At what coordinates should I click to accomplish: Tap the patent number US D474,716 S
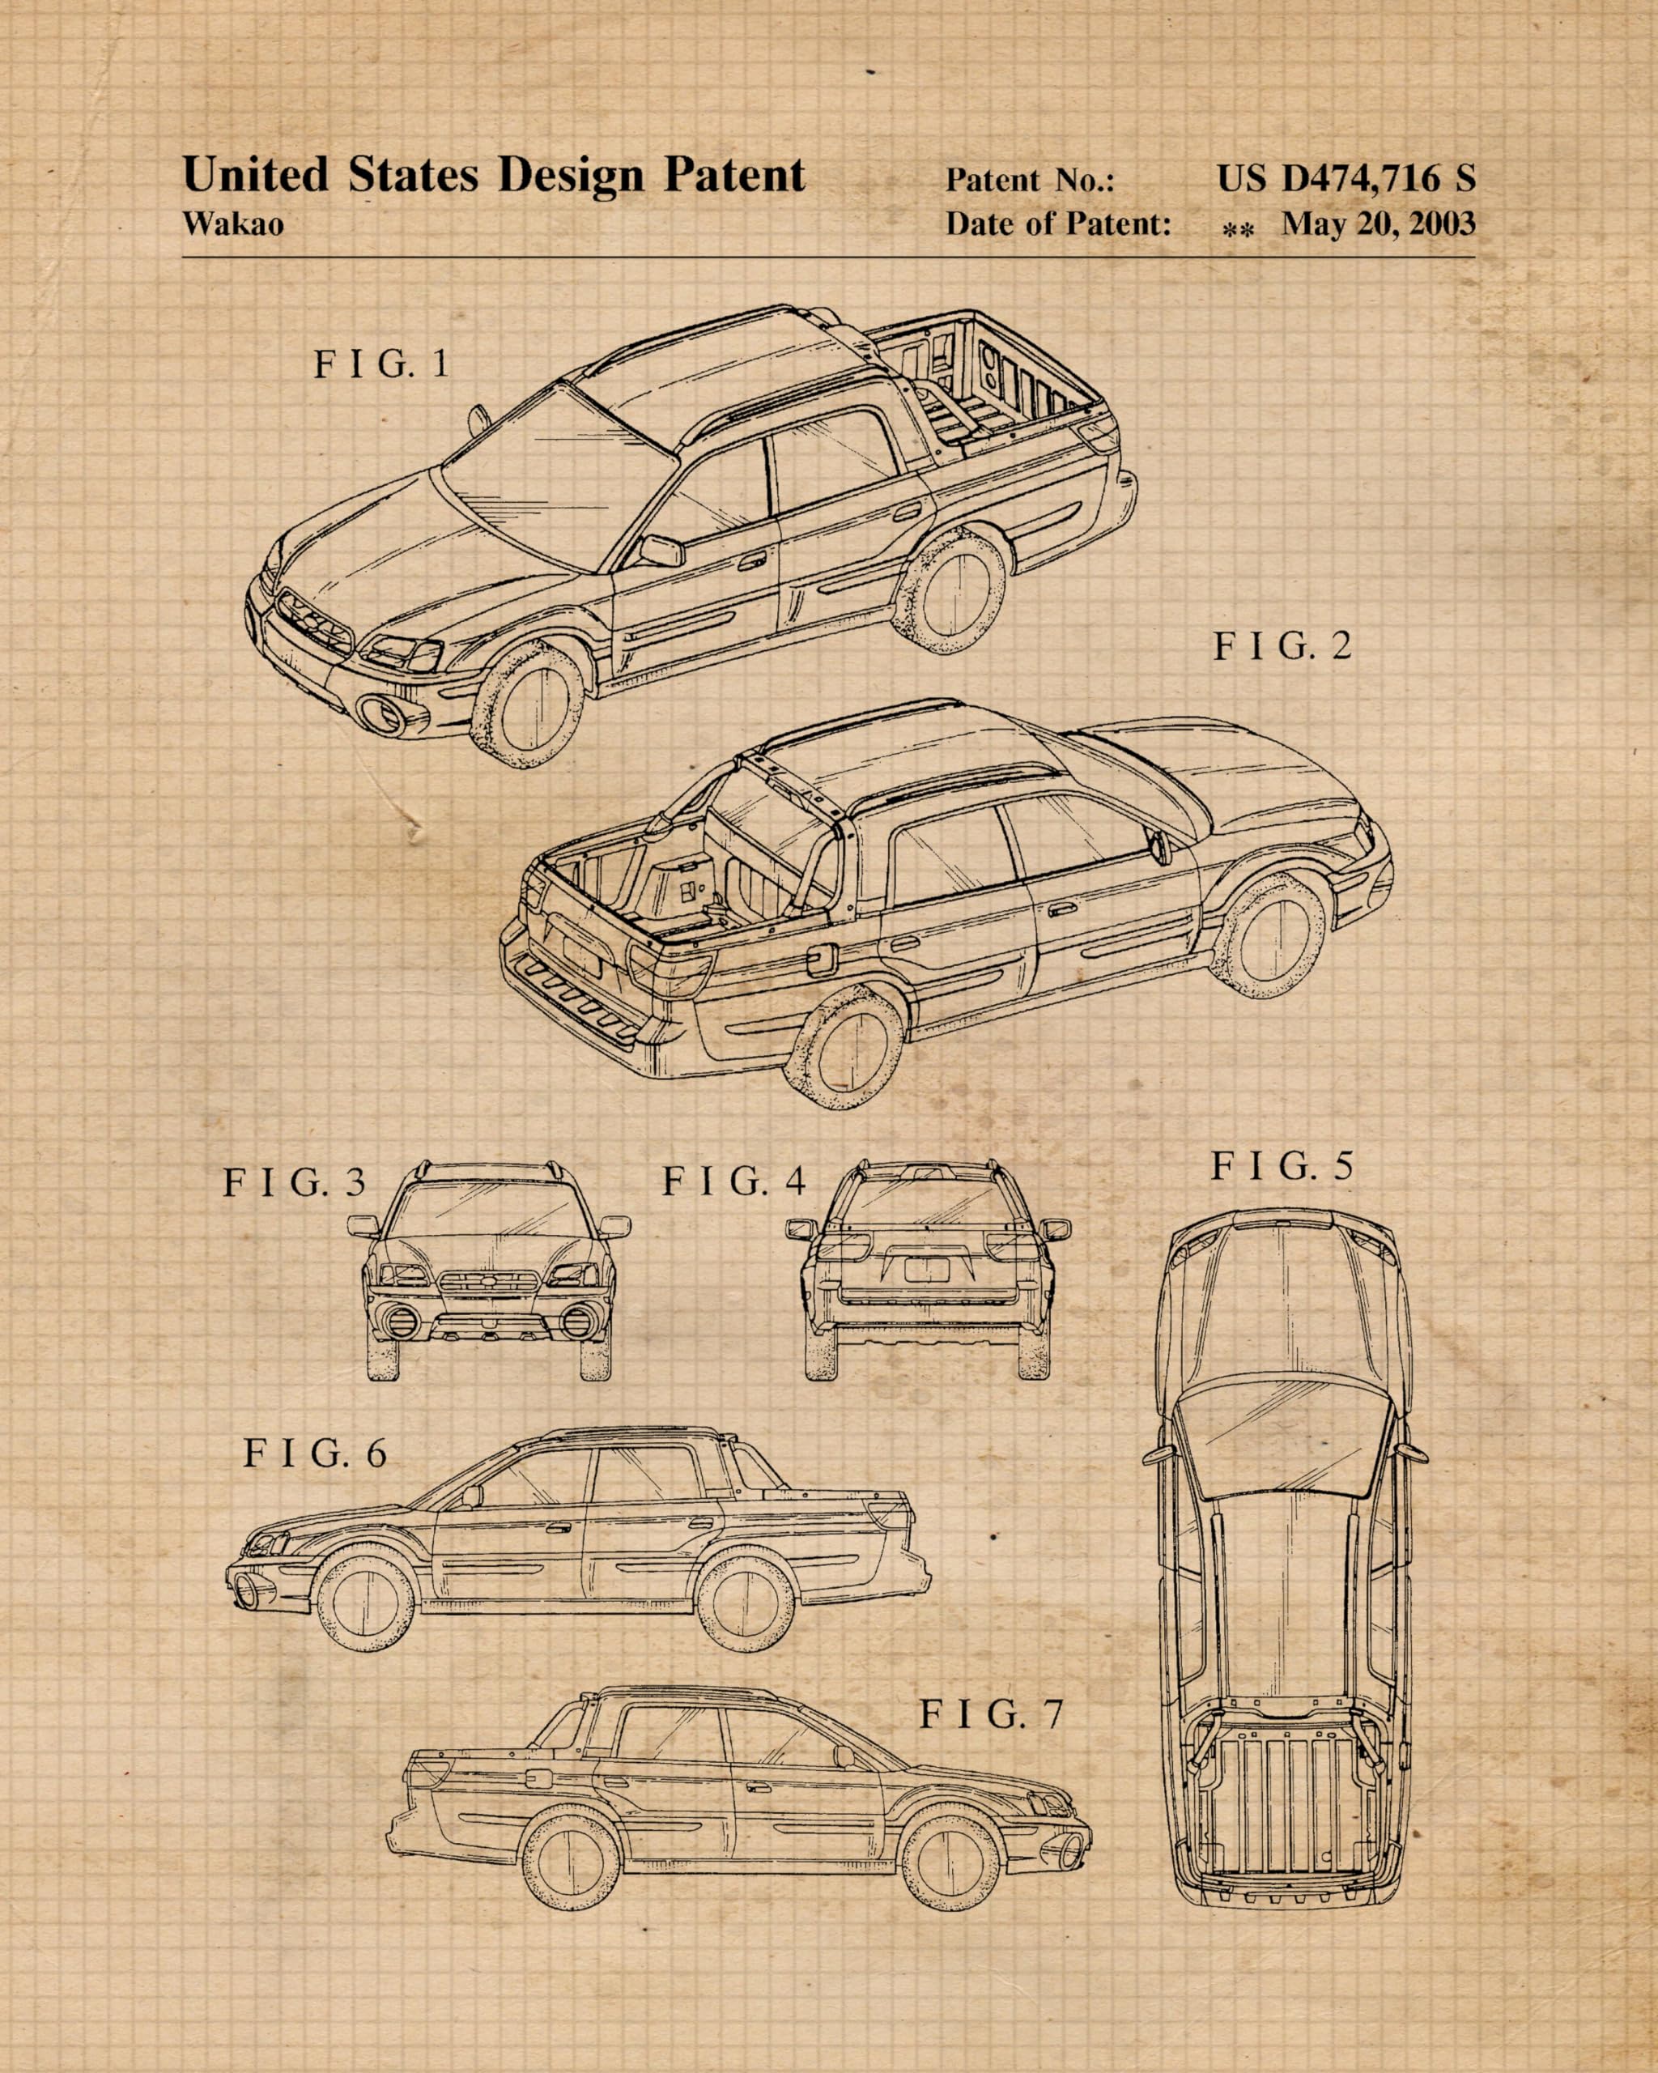1346,178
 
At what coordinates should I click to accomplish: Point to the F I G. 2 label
1282,646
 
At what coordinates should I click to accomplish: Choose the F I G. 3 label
295,1182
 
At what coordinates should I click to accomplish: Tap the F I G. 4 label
733,1181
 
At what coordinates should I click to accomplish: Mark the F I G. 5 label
1282,1166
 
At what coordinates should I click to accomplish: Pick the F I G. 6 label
314,1453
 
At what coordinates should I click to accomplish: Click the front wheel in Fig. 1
529,707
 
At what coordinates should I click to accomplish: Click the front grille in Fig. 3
489,1283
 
